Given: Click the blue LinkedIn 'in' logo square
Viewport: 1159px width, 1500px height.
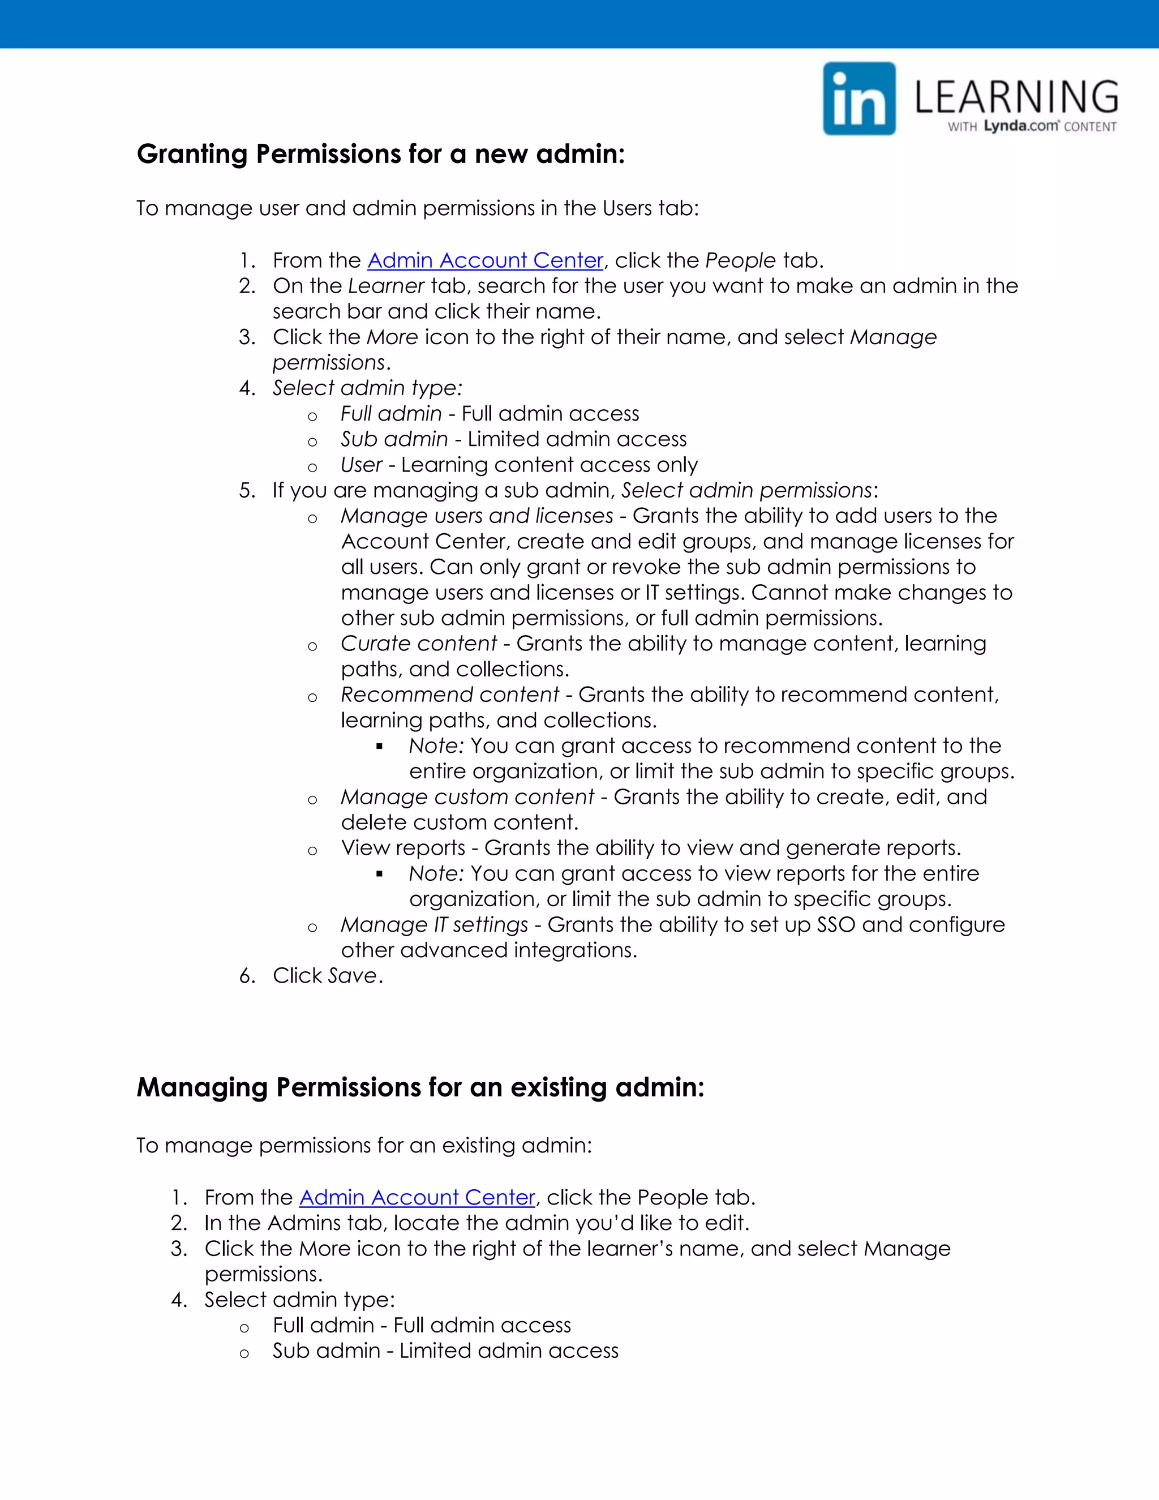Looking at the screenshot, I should point(859,99).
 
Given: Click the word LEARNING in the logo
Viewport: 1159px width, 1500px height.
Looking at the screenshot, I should point(1016,97).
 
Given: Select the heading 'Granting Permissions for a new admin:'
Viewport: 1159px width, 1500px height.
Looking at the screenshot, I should point(381,154).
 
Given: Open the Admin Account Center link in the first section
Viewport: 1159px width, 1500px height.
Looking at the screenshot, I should point(486,260).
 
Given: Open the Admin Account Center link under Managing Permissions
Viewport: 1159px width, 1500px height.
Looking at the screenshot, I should point(417,1197).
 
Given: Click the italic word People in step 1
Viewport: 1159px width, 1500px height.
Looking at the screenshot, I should point(740,260).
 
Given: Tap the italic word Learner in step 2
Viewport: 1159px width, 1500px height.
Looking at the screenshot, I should point(386,286).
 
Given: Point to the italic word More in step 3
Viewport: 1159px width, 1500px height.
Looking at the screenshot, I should point(392,337).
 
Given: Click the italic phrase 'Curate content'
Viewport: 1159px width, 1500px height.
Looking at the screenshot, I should point(418,644).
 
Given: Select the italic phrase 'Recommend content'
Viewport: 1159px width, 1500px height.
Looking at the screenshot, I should point(450,695).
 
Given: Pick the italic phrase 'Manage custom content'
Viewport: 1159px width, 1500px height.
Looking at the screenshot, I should point(467,797).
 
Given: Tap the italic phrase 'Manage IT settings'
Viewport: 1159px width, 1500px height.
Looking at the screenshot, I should point(434,925).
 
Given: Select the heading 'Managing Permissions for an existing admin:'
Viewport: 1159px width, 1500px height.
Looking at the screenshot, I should point(420,1088).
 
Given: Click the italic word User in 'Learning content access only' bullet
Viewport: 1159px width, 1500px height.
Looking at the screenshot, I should point(361,465).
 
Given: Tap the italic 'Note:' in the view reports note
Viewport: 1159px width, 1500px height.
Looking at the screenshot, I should point(437,873).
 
